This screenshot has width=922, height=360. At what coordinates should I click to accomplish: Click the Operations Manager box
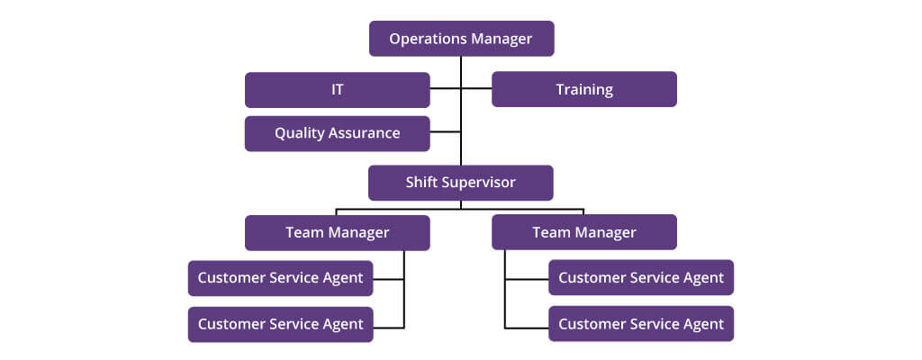pyautogui.click(x=462, y=39)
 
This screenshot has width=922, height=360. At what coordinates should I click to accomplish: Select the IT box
pyautogui.click(x=338, y=90)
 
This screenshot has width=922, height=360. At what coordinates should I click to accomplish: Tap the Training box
pyautogui.click(x=584, y=89)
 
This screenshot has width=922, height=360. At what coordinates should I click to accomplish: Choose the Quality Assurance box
pyautogui.click(x=338, y=133)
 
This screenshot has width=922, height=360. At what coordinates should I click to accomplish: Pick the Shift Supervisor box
pyautogui.click(x=461, y=183)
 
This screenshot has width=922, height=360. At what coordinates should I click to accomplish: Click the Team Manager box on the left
pyautogui.click(x=338, y=233)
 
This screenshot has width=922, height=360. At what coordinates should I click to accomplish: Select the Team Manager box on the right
pyautogui.click(x=584, y=232)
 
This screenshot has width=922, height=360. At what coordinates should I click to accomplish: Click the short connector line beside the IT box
pyautogui.click(x=445, y=88)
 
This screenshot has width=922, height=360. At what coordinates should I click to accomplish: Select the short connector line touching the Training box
pyautogui.click(x=477, y=88)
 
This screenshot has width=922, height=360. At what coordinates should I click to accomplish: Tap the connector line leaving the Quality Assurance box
pyautogui.click(x=445, y=131)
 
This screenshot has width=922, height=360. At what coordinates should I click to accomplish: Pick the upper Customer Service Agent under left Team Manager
pyautogui.click(x=281, y=278)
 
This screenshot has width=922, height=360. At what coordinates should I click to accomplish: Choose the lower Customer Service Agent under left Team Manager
pyautogui.click(x=281, y=324)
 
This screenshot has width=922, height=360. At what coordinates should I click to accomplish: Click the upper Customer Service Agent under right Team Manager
pyautogui.click(x=641, y=277)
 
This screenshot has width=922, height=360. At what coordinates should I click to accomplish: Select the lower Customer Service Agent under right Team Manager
pyautogui.click(x=641, y=323)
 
